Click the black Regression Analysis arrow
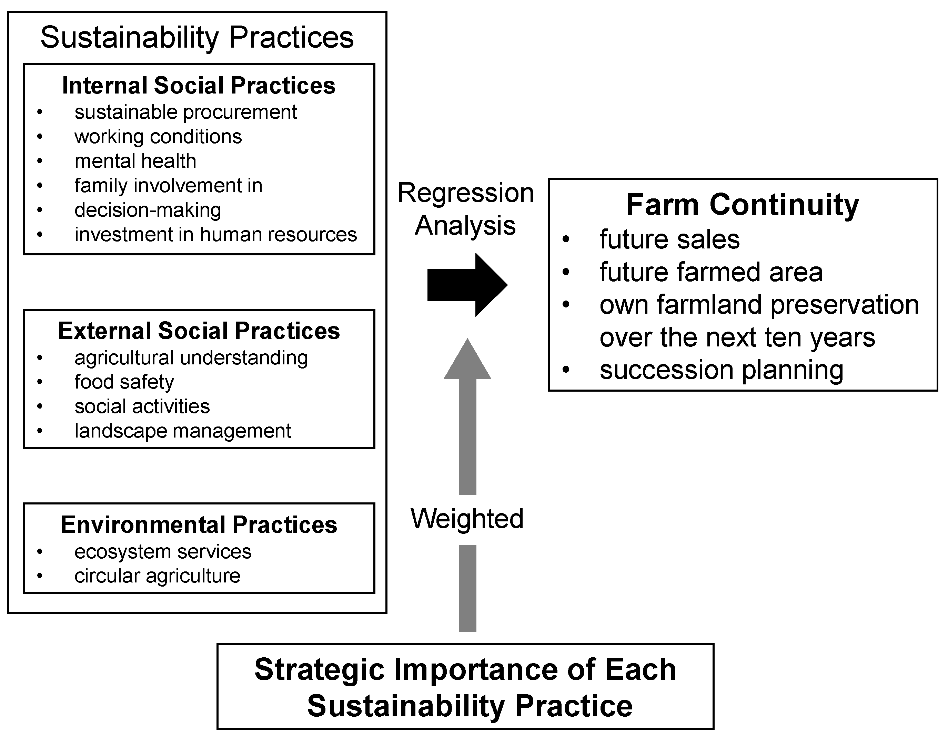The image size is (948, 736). [467, 285]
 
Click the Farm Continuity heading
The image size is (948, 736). [742, 205]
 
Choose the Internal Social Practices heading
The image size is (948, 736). [199, 85]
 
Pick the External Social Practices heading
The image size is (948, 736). [199, 331]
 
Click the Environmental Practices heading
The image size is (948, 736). [199, 525]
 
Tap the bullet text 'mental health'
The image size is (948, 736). [135, 161]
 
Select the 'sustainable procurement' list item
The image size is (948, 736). [186, 112]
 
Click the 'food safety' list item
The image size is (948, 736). [124, 382]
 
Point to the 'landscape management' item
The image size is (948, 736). [183, 431]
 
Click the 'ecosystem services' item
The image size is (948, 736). [163, 552]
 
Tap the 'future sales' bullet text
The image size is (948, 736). [669, 239]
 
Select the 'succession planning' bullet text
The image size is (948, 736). [722, 370]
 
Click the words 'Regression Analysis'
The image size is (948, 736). [465, 209]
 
